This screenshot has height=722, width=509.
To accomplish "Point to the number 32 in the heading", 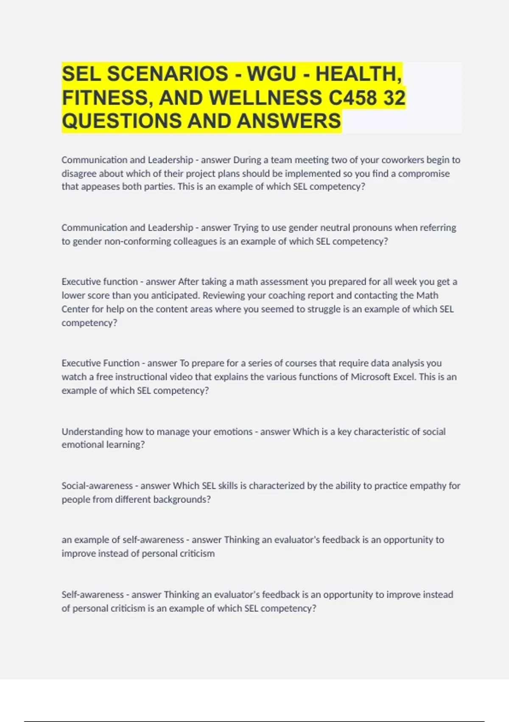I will coord(394,98).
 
